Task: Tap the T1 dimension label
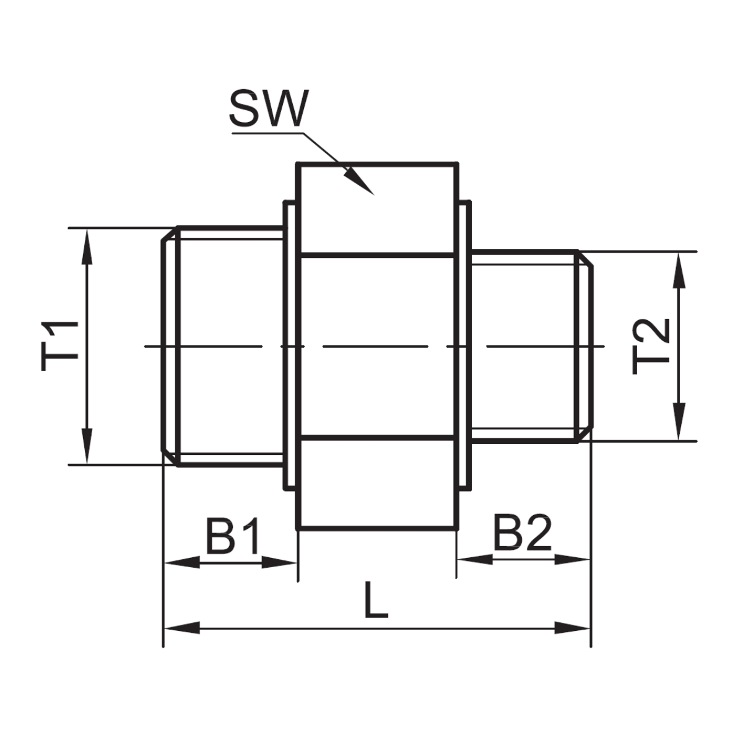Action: [x=60, y=345]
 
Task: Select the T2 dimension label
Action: [x=651, y=346]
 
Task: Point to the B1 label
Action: [x=232, y=536]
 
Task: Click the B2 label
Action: [x=522, y=532]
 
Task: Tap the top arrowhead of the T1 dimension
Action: [x=87, y=247]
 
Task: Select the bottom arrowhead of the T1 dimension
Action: [x=87, y=446]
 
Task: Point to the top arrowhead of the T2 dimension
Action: [x=679, y=271]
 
